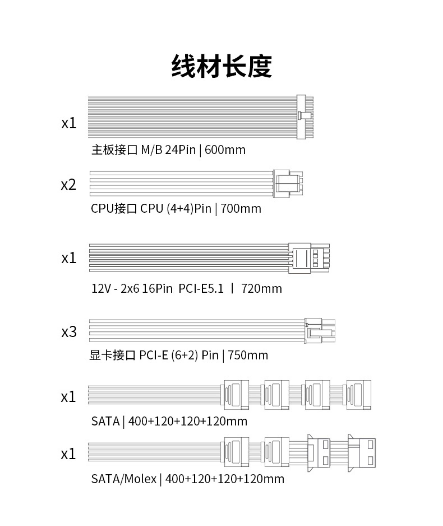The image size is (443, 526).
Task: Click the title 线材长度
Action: point(221,66)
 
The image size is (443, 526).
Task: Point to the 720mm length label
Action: point(262,289)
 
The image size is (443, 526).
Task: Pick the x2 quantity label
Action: point(68,185)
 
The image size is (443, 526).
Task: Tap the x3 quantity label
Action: point(69,332)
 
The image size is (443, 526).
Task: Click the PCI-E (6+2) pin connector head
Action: point(319,331)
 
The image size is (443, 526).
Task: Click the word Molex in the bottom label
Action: point(140,479)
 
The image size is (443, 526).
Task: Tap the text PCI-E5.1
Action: point(201,289)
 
